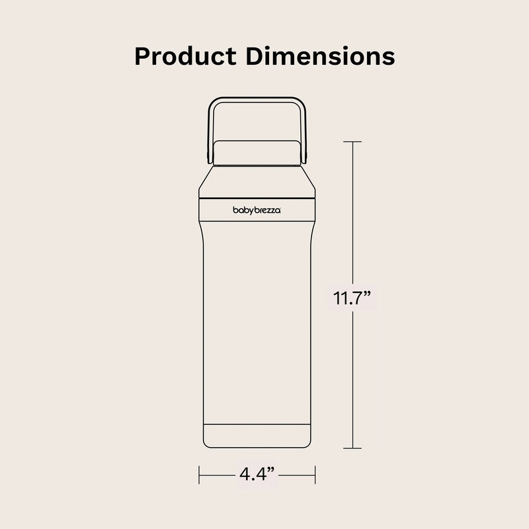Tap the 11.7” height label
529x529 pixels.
point(354,298)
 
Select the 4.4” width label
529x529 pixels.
point(257,473)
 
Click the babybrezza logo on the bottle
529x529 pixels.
point(257,210)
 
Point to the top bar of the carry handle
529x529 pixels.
point(257,101)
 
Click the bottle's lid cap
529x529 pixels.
point(257,152)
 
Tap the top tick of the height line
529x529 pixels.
point(352,142)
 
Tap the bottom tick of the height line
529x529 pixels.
point(352,448)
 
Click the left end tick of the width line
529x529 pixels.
point(200,473)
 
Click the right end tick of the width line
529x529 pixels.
point(315,473)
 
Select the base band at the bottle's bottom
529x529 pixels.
point(257,435)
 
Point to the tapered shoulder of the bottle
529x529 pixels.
point(257,180)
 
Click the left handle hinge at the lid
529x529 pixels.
point(210,156)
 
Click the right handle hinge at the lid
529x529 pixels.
point(305,156)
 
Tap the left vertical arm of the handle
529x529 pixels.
point(212,129)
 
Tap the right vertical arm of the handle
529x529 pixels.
point(303,129)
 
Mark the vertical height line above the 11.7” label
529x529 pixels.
point(352,212)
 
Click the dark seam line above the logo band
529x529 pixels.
point(257,197)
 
